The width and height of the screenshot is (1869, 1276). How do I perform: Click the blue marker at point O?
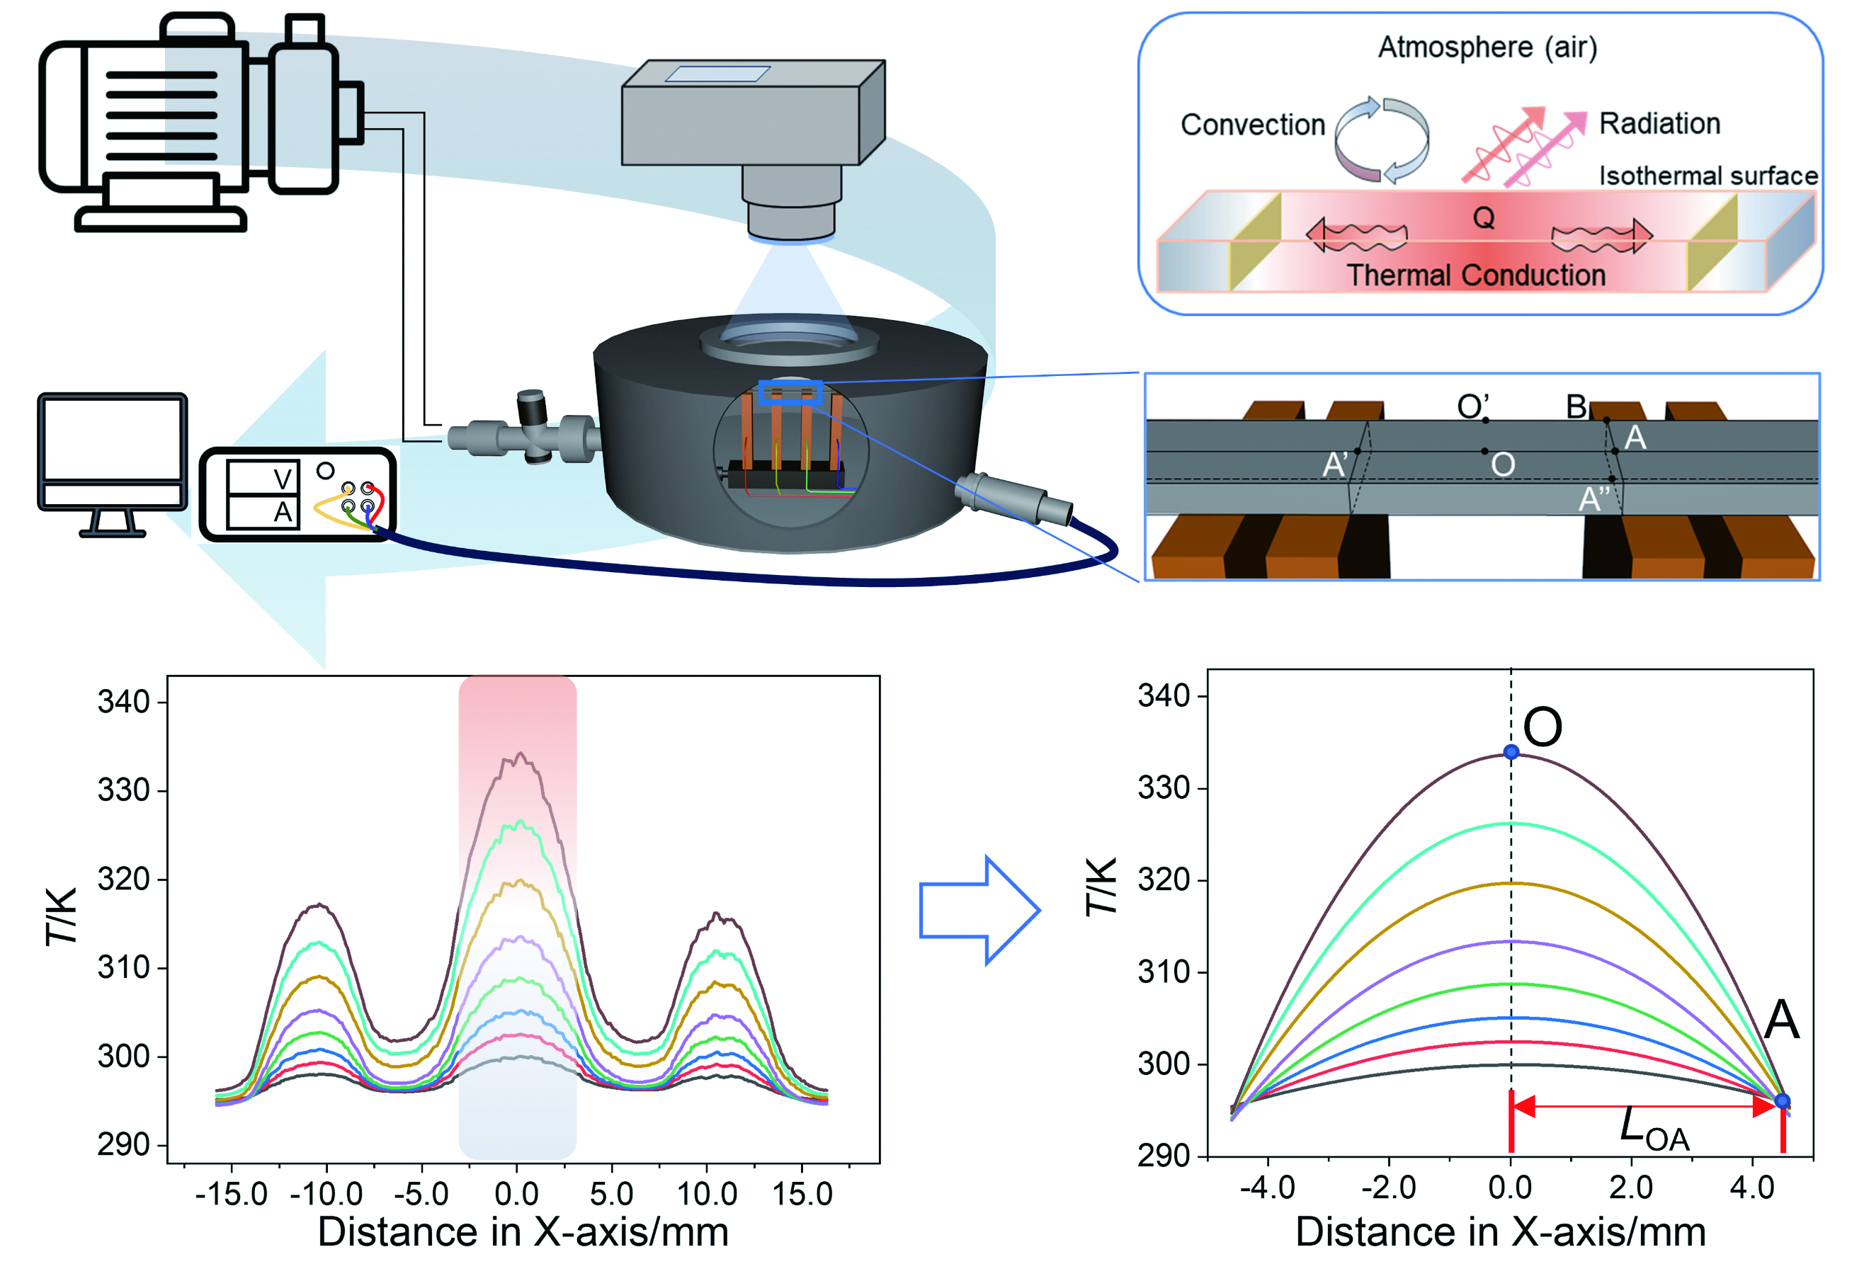(1511, 752)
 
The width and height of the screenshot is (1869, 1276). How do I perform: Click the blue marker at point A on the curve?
(1782, 1100)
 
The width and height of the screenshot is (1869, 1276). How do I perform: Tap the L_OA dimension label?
(1654, 1128)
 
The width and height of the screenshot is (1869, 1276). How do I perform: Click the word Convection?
(1252, 125)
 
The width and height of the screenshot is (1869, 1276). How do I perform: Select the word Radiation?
(1659, 124)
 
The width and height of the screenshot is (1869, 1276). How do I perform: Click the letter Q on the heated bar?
(1483, 218)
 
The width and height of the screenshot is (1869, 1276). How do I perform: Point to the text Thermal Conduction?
(1476, 275)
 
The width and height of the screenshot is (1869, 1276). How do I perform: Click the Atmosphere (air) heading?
(1487, 47)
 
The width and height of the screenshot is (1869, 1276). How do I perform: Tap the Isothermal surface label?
(1708, 176)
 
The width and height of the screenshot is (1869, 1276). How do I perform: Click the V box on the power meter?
(263, 479)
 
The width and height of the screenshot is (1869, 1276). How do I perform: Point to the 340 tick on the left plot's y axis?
(124, 702)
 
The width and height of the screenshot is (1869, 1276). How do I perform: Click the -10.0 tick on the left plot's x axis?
(326, 1194)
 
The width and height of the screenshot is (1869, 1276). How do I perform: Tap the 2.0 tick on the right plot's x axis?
(1631, 1187)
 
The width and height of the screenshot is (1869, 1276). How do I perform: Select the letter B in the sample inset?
(1577, 407)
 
